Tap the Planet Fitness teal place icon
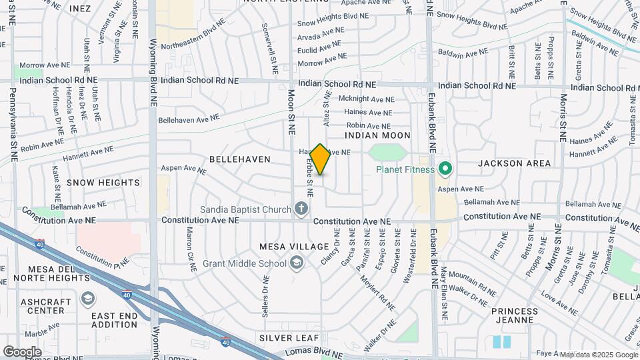tap(445, 169)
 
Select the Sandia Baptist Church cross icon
tap(301, 210)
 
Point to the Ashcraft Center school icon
tap(87, 298)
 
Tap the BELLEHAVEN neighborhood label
tap(240, 159)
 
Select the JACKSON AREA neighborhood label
tap(515, 163)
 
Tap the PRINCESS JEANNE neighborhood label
tap(515, 315)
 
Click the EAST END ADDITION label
tap(115, 320)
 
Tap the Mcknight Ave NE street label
tap(367, 99)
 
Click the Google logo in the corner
tap(22, 351)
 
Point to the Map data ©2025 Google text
tap(598, 355)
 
